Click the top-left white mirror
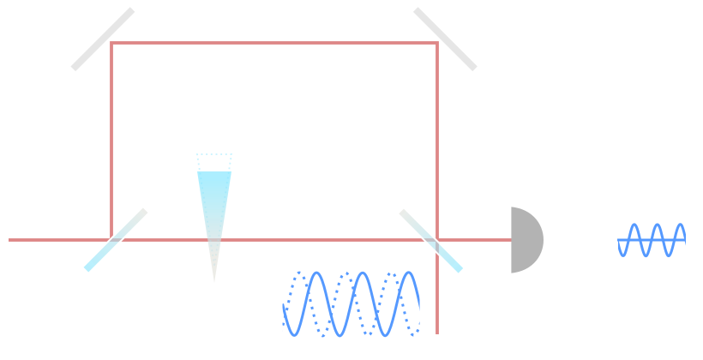pos(103,39)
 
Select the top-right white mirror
pos(445,39)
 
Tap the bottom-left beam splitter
pos(116,240)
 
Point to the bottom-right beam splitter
pos(431,240)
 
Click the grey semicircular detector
pos(525,240)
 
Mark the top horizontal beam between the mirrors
pos(274,43)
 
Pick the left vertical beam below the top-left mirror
pos(111,137)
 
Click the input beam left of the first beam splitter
pos(51,240)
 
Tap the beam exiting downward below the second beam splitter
pos(437,300)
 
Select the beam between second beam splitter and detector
pos(480,240)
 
